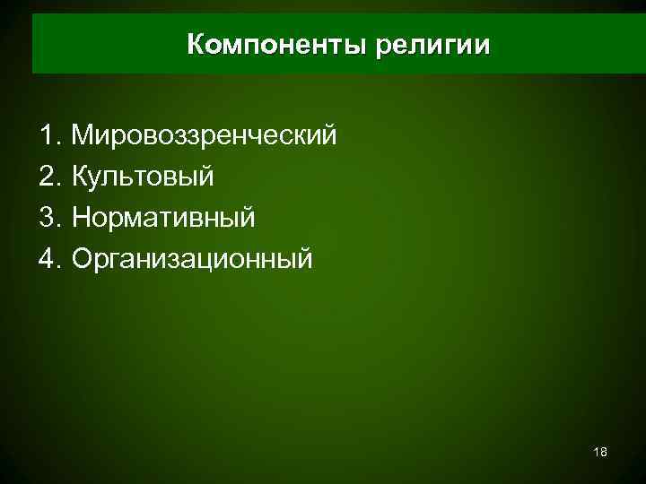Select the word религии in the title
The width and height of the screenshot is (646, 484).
[433, 45]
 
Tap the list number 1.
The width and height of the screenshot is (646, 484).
[48, 136]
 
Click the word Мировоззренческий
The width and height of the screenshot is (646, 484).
[205, 136]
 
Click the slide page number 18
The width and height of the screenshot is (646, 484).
[600, 453]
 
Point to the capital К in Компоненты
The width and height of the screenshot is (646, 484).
[196, 45]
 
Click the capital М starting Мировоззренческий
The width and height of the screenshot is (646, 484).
[83, 136]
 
